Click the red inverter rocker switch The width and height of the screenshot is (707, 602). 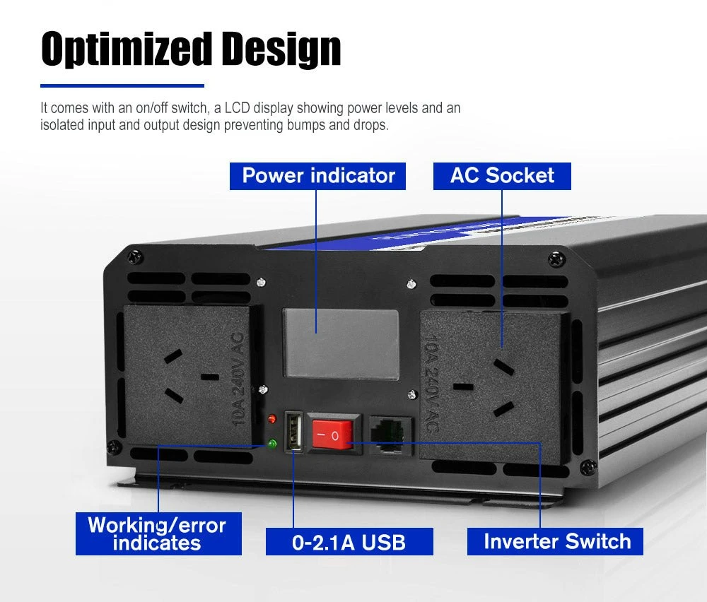click(x=333, y=435)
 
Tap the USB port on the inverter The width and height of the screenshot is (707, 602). click(x=294, y=430)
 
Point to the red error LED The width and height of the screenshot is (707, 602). click(x=272, y=418)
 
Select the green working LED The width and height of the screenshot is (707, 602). click(x=272, y=444)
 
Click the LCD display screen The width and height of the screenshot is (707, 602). click(x=341, y=343)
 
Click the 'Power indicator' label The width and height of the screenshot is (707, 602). click(x=318, y=176)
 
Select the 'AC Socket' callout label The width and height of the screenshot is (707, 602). click(x=502, y=176)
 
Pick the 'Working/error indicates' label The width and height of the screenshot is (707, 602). click(x=158, y=533)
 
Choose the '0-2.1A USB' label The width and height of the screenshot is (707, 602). click(x=349, y=542)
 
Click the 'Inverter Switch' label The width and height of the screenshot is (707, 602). click(x=555, y=542)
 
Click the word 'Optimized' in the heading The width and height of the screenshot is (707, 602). click(x=126, y=49)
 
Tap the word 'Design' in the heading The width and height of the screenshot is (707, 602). click(x=281, y=49)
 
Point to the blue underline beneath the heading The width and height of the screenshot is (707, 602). click(x=122, y=85)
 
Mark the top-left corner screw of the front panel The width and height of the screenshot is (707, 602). click(x=134, y=258)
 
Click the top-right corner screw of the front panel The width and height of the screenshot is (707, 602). click(x=556, y=259)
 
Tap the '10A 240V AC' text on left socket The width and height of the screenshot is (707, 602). click(x=237, y=379)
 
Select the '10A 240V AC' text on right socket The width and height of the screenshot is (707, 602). click(x=433, y=384)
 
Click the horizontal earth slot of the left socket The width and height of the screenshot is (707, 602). click(x=210, y=377)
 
